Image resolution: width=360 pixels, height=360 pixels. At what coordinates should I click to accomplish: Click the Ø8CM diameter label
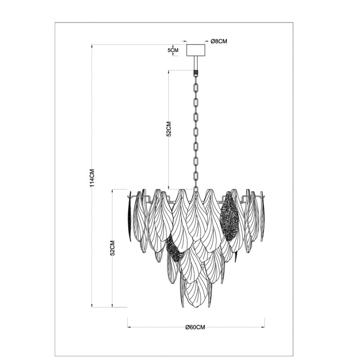(219, 41)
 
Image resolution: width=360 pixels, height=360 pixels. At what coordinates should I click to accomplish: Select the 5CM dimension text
(173, 50)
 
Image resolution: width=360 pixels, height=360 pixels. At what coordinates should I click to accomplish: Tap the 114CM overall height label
(92, 178)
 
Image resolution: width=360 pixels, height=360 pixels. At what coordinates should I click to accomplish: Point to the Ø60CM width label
(195, 327)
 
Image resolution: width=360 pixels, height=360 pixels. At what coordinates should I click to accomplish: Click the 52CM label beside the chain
(169, 129)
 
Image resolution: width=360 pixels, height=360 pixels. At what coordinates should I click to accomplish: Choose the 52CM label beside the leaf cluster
(112, 248)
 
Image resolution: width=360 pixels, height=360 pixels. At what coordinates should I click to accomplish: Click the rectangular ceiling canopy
(195, 50)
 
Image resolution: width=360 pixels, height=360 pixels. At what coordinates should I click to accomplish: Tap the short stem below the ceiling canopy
(195, 63)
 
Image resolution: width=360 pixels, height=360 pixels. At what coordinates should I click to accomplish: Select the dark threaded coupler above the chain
(195, 73)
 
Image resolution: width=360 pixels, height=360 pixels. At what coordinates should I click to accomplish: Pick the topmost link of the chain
(196, 87)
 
